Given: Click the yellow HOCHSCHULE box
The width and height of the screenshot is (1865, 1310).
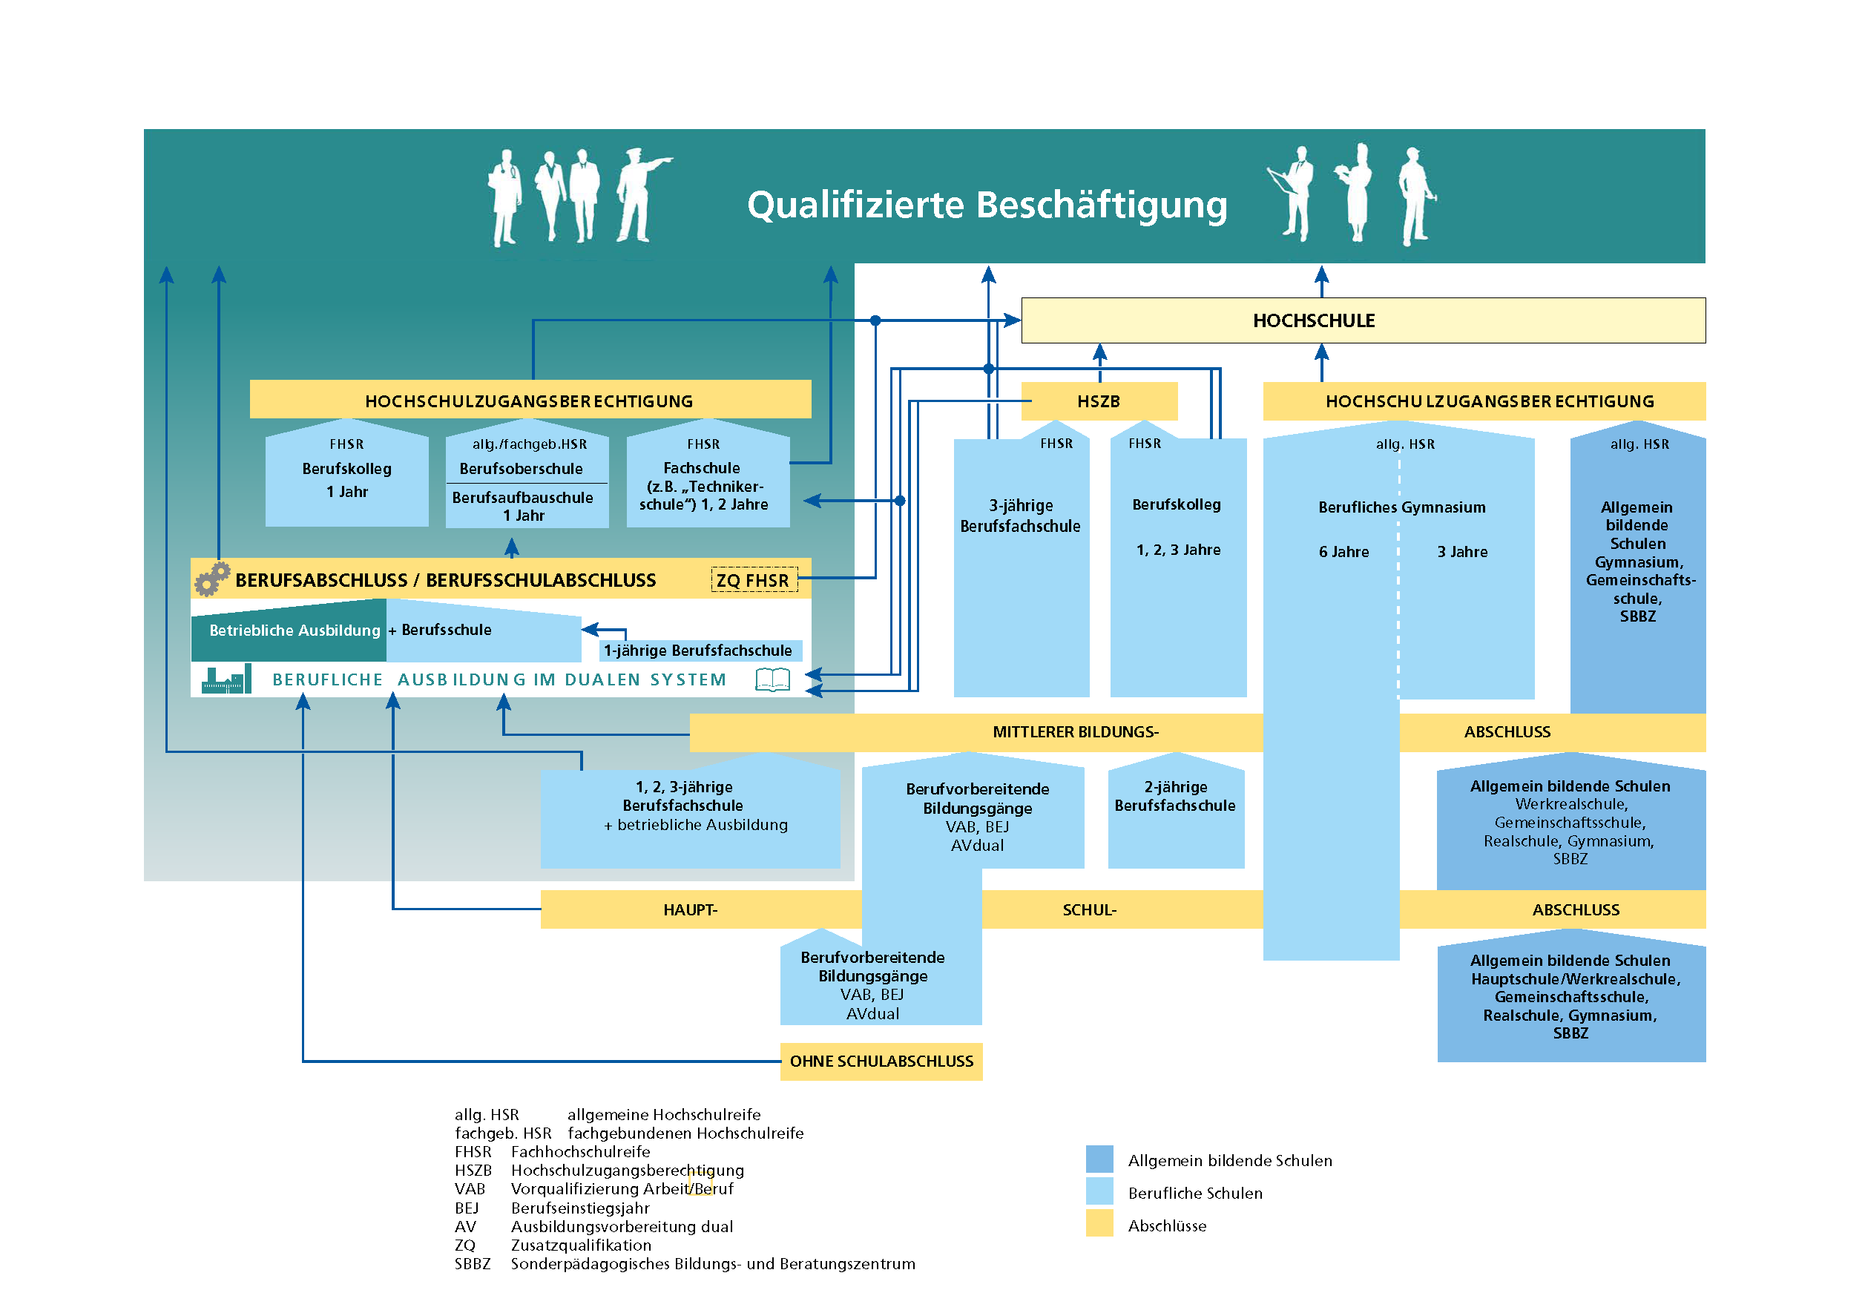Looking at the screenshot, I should [1362, 320].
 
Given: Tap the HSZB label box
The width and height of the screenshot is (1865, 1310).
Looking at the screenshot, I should [1098, 401].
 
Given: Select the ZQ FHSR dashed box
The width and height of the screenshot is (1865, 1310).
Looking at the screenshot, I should [753, 580].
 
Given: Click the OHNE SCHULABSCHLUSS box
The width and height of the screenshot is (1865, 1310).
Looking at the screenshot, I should [881, 1062].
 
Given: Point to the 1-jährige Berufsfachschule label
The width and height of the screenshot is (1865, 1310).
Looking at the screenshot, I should [699, 651].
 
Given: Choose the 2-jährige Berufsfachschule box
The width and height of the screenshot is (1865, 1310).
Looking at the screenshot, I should [1175, 812].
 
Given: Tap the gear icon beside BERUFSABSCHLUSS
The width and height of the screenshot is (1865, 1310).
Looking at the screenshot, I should [212, 579].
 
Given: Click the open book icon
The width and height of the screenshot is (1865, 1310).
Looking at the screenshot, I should [772, 679].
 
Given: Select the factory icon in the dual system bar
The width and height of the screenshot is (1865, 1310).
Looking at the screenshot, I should [226, 679].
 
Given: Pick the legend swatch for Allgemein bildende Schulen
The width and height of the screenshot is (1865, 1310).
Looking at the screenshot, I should [1099, 1159].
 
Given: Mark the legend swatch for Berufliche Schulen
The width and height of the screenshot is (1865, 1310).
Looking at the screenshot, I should [1099, 1192].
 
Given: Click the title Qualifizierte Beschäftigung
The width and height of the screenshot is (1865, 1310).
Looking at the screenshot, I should [986, 205].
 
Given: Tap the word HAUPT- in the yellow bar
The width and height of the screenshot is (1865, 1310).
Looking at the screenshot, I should [690, 909].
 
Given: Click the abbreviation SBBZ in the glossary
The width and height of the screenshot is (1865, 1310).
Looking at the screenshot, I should [472, 1264].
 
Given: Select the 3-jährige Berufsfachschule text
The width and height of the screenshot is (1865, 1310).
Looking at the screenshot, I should [1020, 516].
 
